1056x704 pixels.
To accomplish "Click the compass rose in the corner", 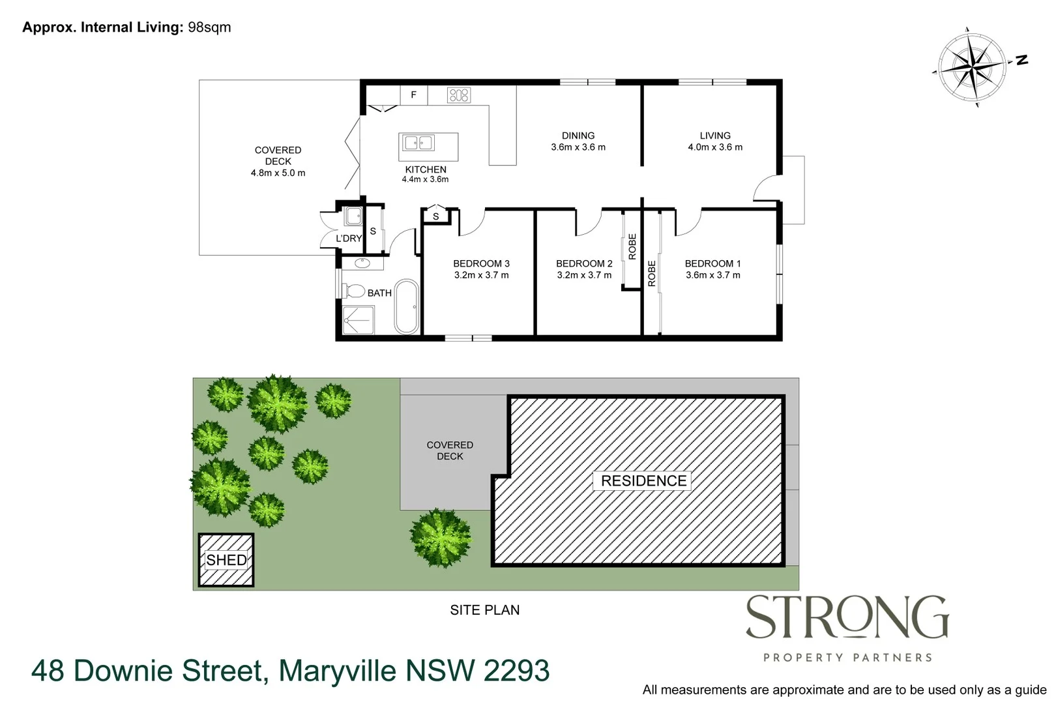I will pos(971,66).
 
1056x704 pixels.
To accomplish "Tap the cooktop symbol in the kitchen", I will pos(458,95).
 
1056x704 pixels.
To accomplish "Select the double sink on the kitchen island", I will pos(418,143).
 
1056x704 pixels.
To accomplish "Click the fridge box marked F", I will pos(413,95).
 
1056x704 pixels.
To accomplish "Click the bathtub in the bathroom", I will pos(406,306).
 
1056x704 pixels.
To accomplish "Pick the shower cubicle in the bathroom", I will pos(358,320).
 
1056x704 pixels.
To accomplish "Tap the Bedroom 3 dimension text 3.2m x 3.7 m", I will pos(481,275).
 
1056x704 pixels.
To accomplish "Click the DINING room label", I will pos(578,136).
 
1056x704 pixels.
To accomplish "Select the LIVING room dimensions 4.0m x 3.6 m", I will pos(714,147).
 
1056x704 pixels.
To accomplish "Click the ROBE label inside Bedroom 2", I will pos(632,246).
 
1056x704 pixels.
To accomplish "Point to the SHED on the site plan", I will pos(226,560).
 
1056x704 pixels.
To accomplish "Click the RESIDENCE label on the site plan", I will pos(643,481).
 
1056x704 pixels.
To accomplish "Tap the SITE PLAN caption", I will pos(484,610).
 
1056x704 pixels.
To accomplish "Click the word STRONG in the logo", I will pos(846,617).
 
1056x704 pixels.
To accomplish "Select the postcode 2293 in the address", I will pos(516,671).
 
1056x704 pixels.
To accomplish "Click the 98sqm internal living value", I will pos(209,27).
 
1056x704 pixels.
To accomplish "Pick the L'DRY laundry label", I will pos(348,239).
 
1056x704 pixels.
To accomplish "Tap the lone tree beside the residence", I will pos(441,538).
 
